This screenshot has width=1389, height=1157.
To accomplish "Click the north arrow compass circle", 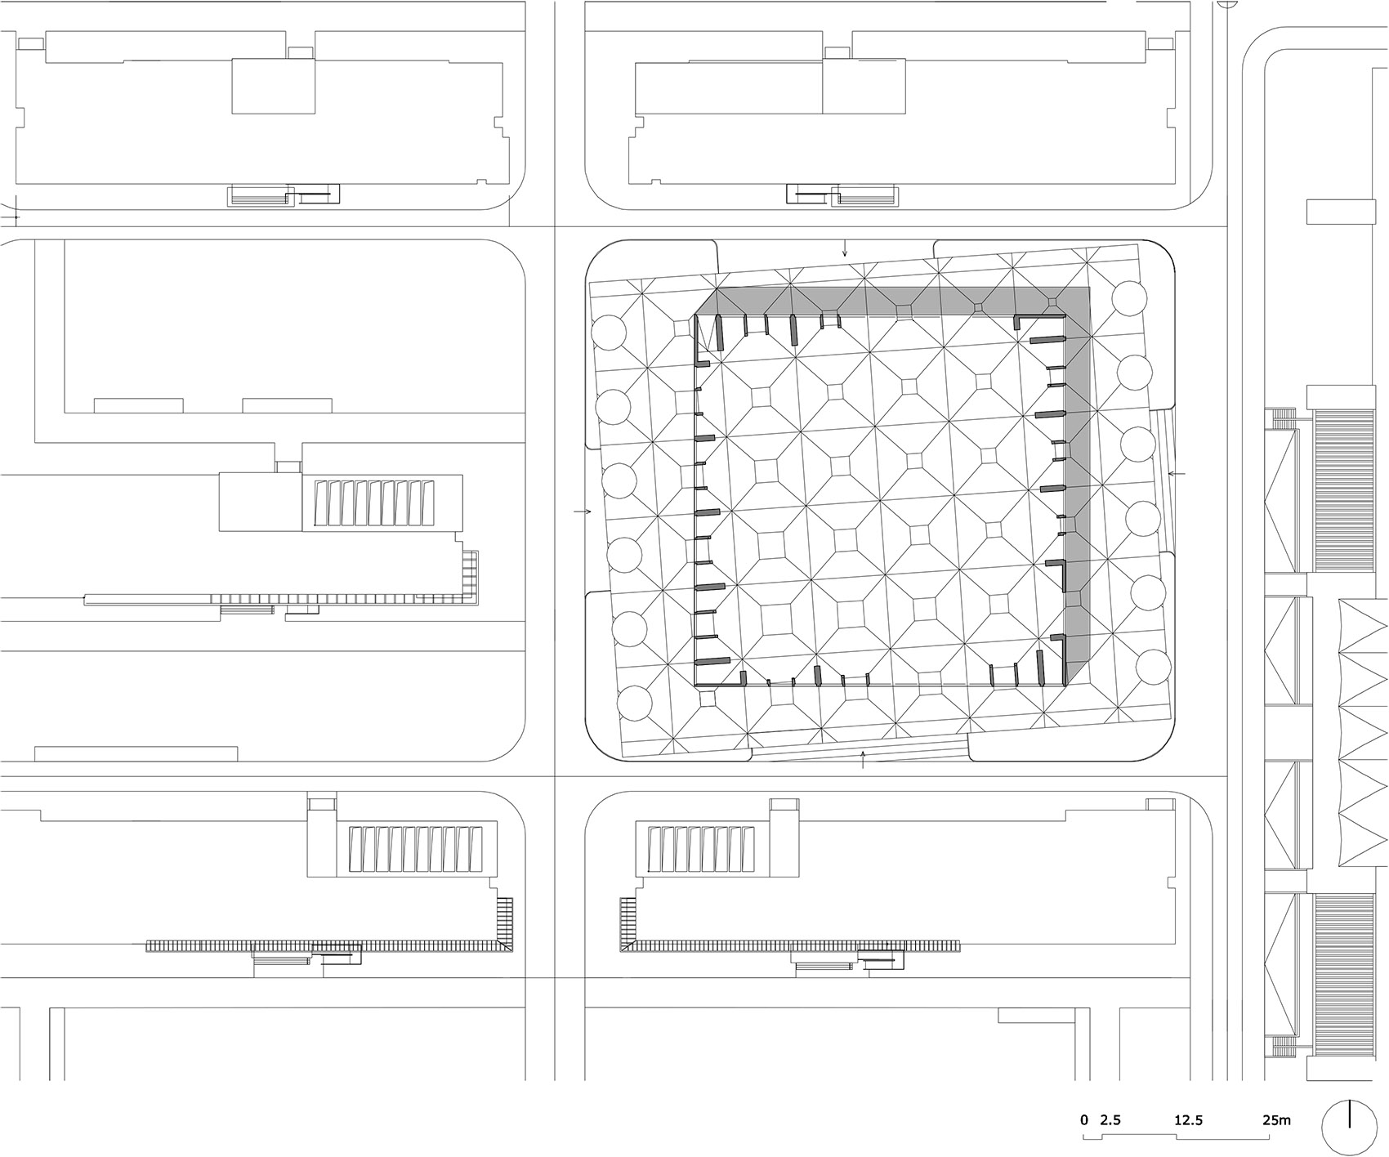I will [1349, 1115].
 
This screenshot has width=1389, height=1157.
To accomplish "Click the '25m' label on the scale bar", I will [1277, 1097].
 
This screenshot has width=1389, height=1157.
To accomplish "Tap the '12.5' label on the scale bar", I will [1188, 1097].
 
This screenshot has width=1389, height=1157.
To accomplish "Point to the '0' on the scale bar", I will [1084, 1097].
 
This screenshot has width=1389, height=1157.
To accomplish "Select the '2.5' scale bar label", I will [1110, 1097].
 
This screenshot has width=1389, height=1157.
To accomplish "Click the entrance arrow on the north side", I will [846, 249].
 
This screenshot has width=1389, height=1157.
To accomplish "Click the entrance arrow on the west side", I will [582, 511].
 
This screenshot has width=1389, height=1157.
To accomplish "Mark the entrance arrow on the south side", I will [864, 761].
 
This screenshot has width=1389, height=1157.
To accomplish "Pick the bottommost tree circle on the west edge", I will [634, 703].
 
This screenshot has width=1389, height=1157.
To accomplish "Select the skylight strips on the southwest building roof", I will [412, 850].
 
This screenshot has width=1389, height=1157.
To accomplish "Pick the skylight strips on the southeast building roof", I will [700, 850].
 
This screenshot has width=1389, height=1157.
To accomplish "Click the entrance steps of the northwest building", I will [261, 196].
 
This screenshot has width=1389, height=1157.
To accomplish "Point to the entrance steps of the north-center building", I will [864, 196].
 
